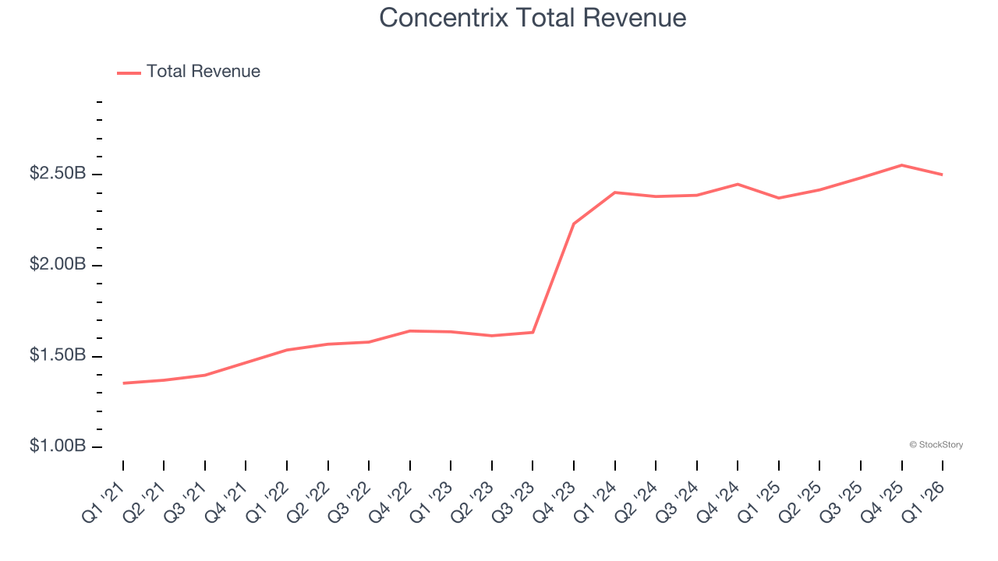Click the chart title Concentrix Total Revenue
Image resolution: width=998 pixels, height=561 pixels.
pos(533,18)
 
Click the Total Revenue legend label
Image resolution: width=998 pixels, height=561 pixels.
pos(203,72)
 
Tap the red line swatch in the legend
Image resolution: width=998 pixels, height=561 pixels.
pos(129,72)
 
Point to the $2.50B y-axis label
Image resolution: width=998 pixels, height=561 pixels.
pos(57,174)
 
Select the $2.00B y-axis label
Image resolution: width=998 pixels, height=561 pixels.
pos(57,265)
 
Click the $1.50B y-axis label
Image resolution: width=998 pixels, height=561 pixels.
pos(57,356)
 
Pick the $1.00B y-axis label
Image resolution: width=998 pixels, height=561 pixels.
pos(57,447)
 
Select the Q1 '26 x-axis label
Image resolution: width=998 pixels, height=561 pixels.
pos(924,499)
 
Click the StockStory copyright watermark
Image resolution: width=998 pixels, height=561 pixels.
pos(936,445)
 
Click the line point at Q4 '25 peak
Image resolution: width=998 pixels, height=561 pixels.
pos(901,165)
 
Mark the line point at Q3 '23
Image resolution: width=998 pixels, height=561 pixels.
pos(533,333)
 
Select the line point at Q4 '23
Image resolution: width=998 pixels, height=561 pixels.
pos(574,224)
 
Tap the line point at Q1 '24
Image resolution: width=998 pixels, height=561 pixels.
pos(615,192)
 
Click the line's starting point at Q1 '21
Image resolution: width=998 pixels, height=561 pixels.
pos(123,383)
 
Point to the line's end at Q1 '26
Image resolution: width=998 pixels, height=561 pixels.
pos(943,175)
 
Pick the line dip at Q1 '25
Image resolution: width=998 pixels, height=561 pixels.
pos(778,198)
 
